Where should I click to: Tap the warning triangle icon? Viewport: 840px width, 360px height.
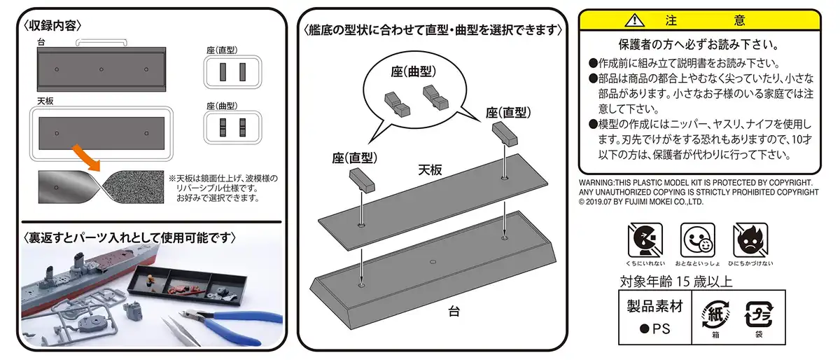coord(633,20)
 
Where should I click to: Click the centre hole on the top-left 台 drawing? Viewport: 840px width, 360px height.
coord(101,69)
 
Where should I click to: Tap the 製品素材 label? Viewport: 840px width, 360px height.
coord(653,306)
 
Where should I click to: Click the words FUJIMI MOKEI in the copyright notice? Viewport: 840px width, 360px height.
coord(645,202)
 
